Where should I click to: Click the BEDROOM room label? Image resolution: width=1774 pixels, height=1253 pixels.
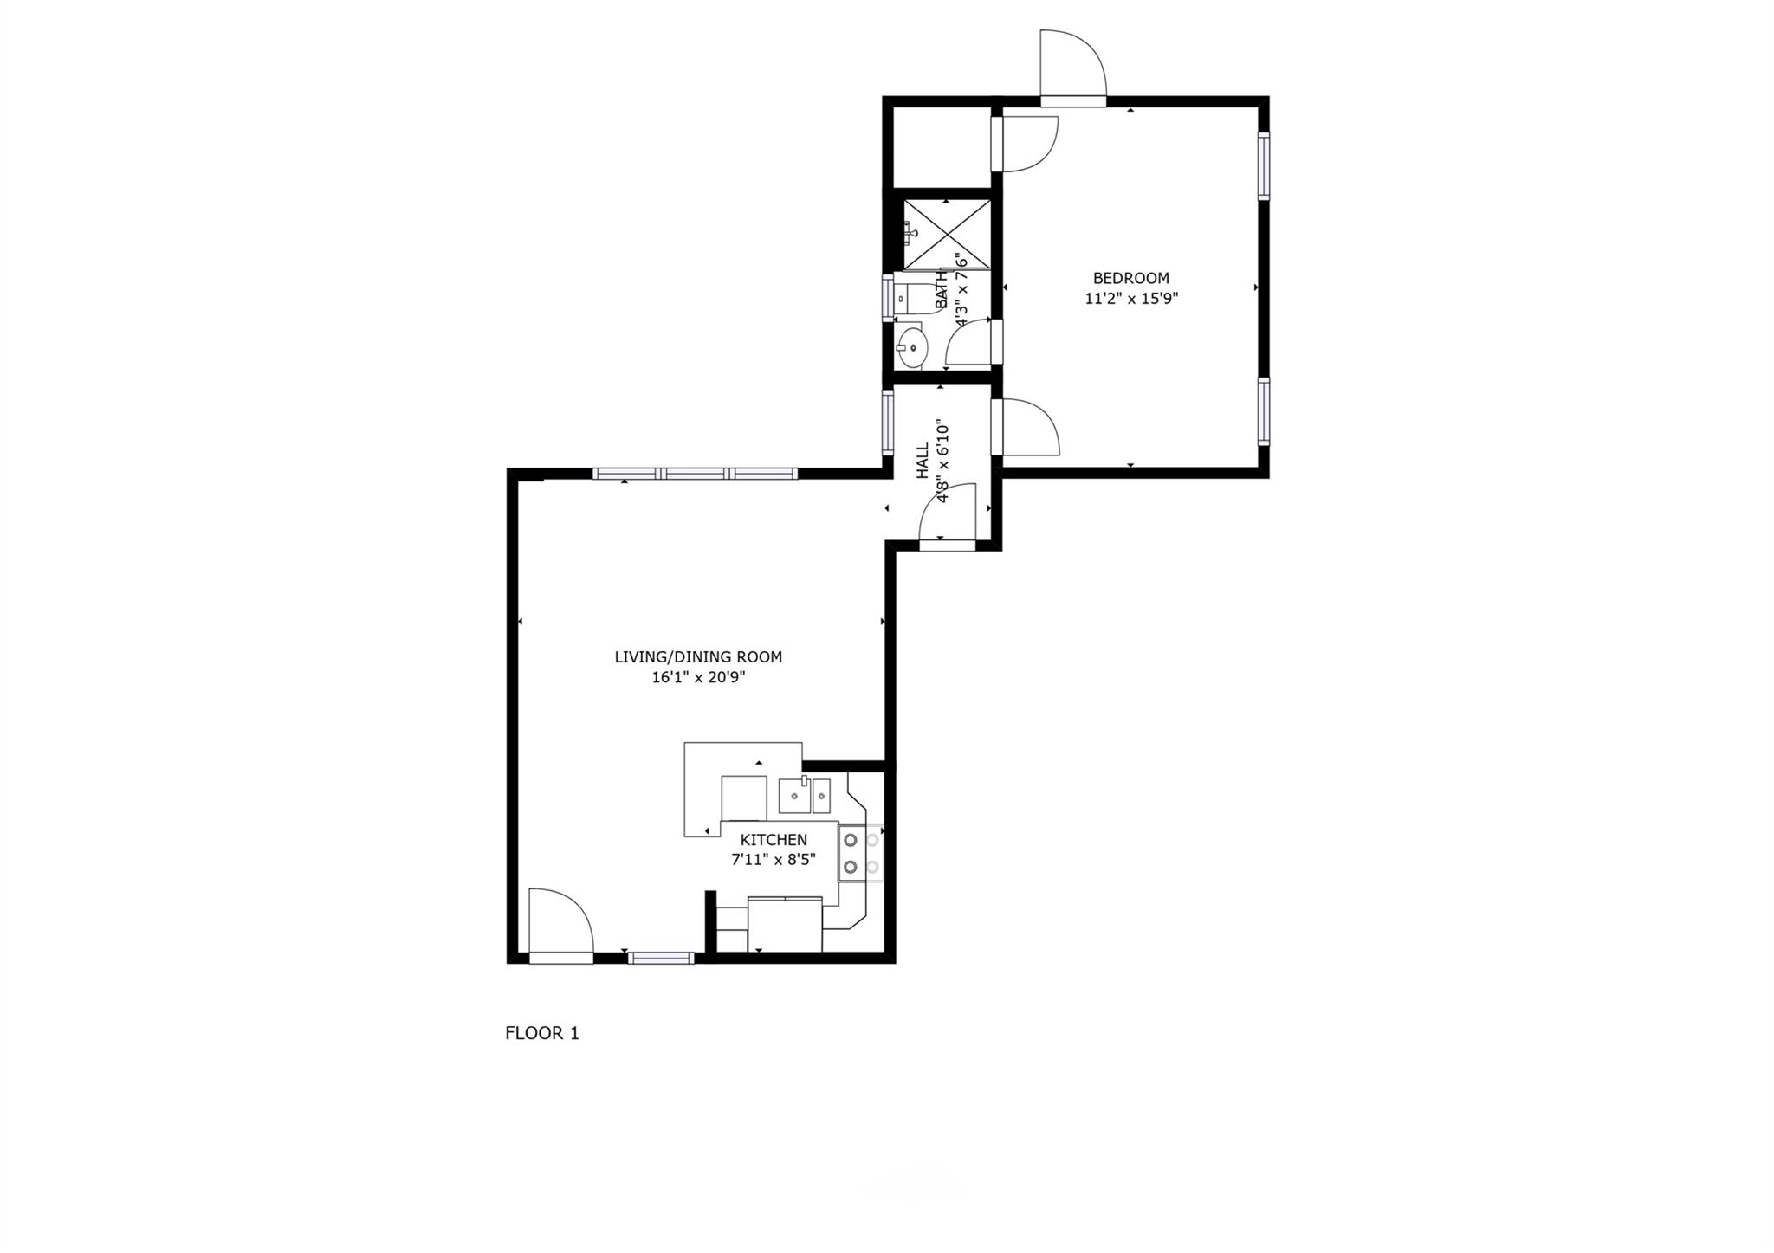[x=1130, y=278]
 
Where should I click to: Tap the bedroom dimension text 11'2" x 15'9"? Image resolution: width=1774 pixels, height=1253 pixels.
[x=1131, y=299]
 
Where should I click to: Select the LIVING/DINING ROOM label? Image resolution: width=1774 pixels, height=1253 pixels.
[x=698, y=657]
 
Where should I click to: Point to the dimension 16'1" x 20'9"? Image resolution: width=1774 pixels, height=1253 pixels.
[x=698, y=677]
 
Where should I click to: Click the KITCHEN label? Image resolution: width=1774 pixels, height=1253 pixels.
[x=774, y=840]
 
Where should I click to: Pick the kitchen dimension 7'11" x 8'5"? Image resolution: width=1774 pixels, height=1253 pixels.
[x=774, y=860]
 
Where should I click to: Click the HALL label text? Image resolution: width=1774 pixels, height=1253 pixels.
[x=923, y=460]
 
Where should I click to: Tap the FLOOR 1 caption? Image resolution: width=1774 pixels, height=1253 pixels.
[x=541, y=1033]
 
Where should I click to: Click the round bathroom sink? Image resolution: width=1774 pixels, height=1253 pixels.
[x=910, y=348]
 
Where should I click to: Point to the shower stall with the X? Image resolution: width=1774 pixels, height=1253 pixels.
[x=946, y=234]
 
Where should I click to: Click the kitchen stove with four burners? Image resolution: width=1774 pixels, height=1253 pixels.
[x=860, y=853]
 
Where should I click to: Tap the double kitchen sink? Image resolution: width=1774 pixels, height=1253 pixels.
[x=804, y=796]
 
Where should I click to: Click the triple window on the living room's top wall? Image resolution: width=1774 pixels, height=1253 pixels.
[x=695, y=474]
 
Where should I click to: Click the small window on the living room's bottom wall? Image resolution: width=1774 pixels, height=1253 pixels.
[x=661, y=958]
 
